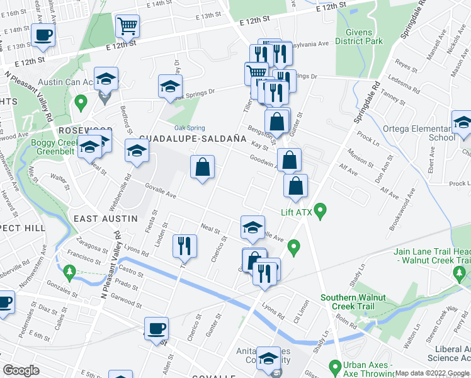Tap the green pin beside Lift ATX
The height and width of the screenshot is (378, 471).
320,210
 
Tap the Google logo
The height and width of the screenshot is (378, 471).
20,370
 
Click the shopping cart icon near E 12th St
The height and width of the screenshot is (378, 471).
127,26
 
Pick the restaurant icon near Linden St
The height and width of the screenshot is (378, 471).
184,246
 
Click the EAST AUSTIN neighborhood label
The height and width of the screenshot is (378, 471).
106,218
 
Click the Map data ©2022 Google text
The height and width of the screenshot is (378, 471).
432,373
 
